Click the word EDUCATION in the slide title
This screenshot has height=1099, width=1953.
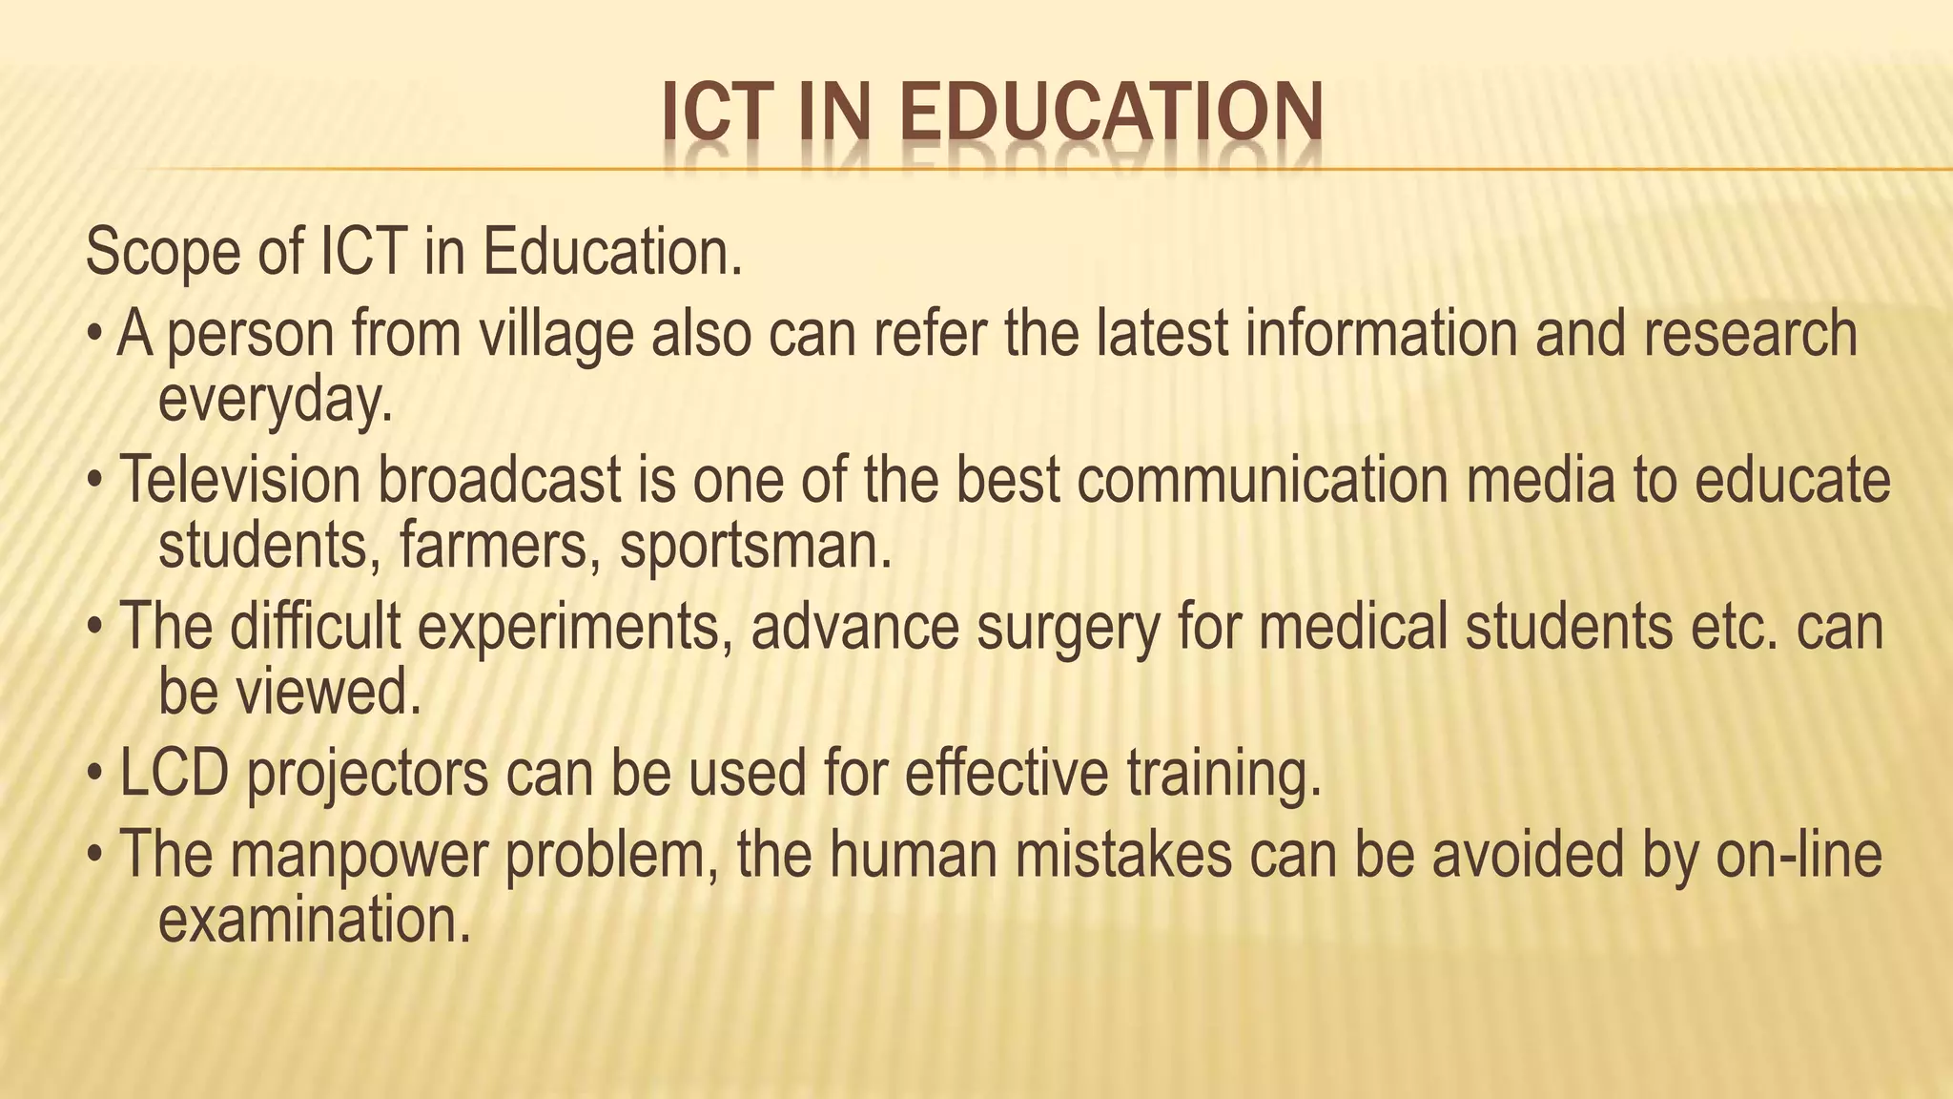click(1111, 113)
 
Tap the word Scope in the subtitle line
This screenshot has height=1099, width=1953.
click(162, 253)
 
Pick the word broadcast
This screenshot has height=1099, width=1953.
click(500, 480)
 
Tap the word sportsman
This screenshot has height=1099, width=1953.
click(755, 546)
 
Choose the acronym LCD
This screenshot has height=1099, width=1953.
click(174, 774)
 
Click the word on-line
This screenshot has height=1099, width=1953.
click(1799, 855)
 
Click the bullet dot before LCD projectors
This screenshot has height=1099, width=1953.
click(94, 776)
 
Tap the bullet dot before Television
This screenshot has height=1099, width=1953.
click(94, 482)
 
